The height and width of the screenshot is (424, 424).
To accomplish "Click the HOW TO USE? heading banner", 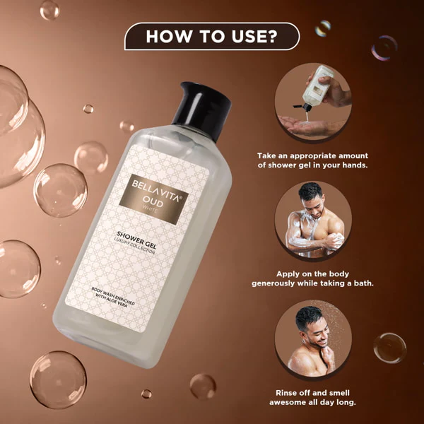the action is [x=212, y=36].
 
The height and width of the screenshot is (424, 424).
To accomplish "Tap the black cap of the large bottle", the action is [x=202, y=110].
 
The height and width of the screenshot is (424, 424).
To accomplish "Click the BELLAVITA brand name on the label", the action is [x=156, y=191].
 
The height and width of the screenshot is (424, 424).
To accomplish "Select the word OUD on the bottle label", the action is [x=153, y=202].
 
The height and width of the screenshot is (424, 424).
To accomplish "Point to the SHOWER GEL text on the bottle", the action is [x=136, y=240].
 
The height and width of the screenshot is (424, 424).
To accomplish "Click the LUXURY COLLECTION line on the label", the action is [x=134, y=246].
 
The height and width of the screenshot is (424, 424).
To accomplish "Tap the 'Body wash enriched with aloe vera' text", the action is [x=112, y=298].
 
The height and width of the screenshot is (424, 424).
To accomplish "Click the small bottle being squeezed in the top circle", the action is [x=317, y=86].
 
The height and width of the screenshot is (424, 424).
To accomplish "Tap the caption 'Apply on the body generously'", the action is [x=312, y=279].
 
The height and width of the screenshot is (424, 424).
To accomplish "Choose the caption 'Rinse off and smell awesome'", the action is [x=312, y=397].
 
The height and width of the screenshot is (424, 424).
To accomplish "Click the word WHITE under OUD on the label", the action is [x=150, y=209].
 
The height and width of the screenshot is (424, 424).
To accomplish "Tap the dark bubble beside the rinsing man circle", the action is [x=389, y=348].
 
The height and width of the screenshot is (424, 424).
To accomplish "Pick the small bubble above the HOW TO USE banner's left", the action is [x=49, y=10].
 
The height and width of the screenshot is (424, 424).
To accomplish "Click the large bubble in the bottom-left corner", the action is [x=58, y=379].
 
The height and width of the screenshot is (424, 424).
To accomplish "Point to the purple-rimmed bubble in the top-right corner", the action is [x=384, y=47].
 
